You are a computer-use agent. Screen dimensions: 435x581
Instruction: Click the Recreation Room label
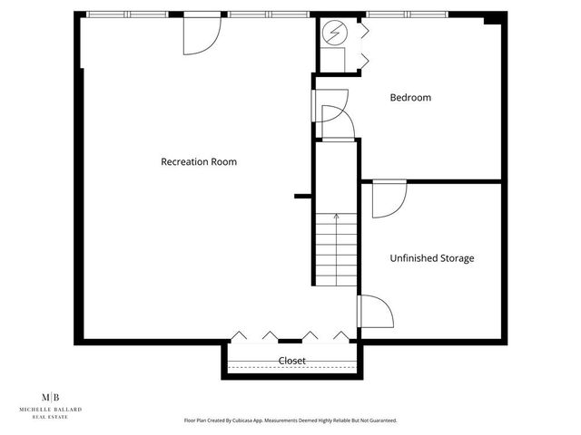(x=199, y=162)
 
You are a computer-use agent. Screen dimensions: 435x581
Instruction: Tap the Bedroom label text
(x=410, y=98)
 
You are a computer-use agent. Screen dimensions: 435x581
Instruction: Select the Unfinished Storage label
(x=431, y=258)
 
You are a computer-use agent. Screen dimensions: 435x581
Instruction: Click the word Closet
(x=291, y=361)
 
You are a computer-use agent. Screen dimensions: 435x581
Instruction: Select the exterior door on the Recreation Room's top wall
(x=202, y=33)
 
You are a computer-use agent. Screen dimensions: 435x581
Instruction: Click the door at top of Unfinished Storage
(x=389, y=198)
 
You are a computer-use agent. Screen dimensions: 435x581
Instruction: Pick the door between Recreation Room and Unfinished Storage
(x=375, y=312)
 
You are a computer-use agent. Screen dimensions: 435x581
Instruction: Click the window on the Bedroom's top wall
(x=407, y=14)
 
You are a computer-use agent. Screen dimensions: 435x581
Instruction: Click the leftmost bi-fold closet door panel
(x=238, y=335)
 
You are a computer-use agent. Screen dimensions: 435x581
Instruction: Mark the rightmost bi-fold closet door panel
(x=341, y=335)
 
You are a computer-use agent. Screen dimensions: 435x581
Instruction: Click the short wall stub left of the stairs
(x=303, y=196)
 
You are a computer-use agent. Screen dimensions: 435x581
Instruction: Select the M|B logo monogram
(x=52, y=397)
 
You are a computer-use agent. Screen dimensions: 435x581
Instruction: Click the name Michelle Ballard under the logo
(x=52, y=410)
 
